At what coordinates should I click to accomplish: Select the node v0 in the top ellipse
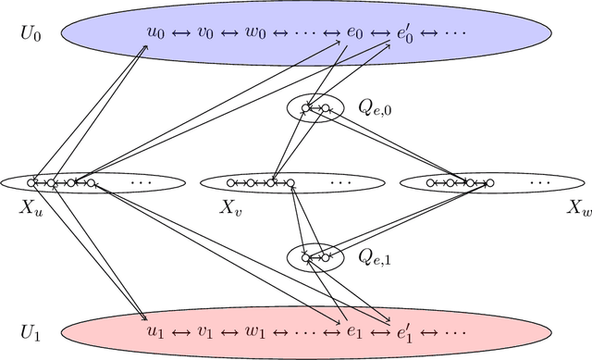click(x=206, y=33)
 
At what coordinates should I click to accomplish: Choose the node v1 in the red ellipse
click(x=206, y=331)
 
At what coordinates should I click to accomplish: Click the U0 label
click(x=31, y=33)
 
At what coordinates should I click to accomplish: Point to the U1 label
click(x=31, y=331)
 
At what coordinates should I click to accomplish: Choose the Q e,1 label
click(x=375, y=258)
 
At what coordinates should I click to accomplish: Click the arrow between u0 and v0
click(x=181, y=33)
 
